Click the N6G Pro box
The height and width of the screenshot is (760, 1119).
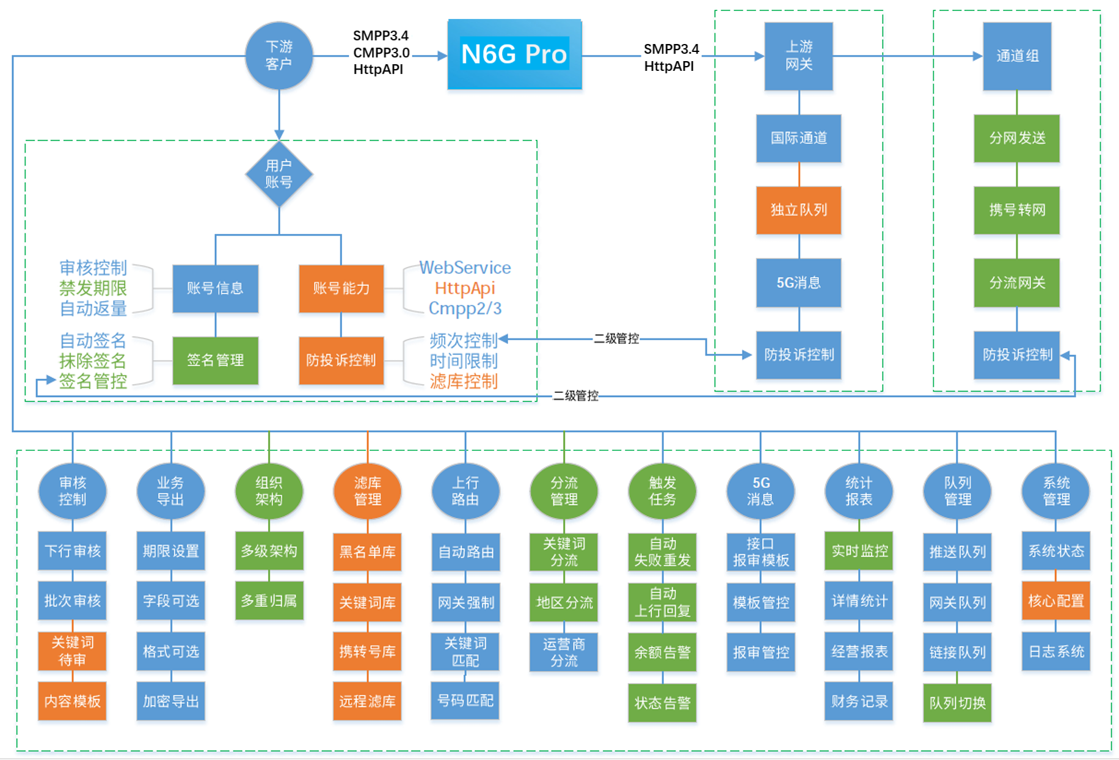pyautogui.click(x=514, y=54)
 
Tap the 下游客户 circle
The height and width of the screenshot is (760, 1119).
pyautogui.click(x=279, y=56)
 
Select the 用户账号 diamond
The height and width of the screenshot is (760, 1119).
pyautogui.click(x=279, y=174)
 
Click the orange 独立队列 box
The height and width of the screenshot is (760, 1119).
pyautogui.click(x=798, y=210)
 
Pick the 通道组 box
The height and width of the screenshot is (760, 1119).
pyautogui.click(x=1017, y=56)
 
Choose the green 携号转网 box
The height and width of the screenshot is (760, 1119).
pyautogui.click(x=1017, y=210)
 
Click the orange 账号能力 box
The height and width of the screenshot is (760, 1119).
pyautogui.click(x=341, y=288)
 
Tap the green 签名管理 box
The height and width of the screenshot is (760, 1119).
pyautogui.click(x=215, y=360)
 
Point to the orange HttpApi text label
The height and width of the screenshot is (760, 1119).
pyautogui.click(x=465, y=288)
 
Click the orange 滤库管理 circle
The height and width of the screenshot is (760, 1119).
pyautogui.click(x=367, y=491)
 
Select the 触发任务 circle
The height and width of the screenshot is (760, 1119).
pyautogui.click(x=662, y=491)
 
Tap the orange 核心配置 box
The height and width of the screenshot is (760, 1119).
pyautogui.click(x=1055, y=601)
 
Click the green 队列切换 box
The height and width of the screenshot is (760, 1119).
pyautogui.click(x=957, y=703)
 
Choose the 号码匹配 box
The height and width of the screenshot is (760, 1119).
pyautogui.click(x=465, y=701)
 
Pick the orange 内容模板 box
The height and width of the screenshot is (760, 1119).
pyautogui.click(x=72, y=701)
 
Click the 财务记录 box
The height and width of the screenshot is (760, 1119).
pyautogui.click(x=859, y=701)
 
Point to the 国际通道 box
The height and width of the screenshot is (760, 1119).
pyautogui.click(x=798, y=138)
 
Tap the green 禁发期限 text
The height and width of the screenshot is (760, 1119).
pyautogui.click(x=93, y=288)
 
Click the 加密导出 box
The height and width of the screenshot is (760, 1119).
pyautogui.click(x=170, y=701)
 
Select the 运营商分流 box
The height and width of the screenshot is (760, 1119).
pyautogui.click(x=564, y=652)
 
